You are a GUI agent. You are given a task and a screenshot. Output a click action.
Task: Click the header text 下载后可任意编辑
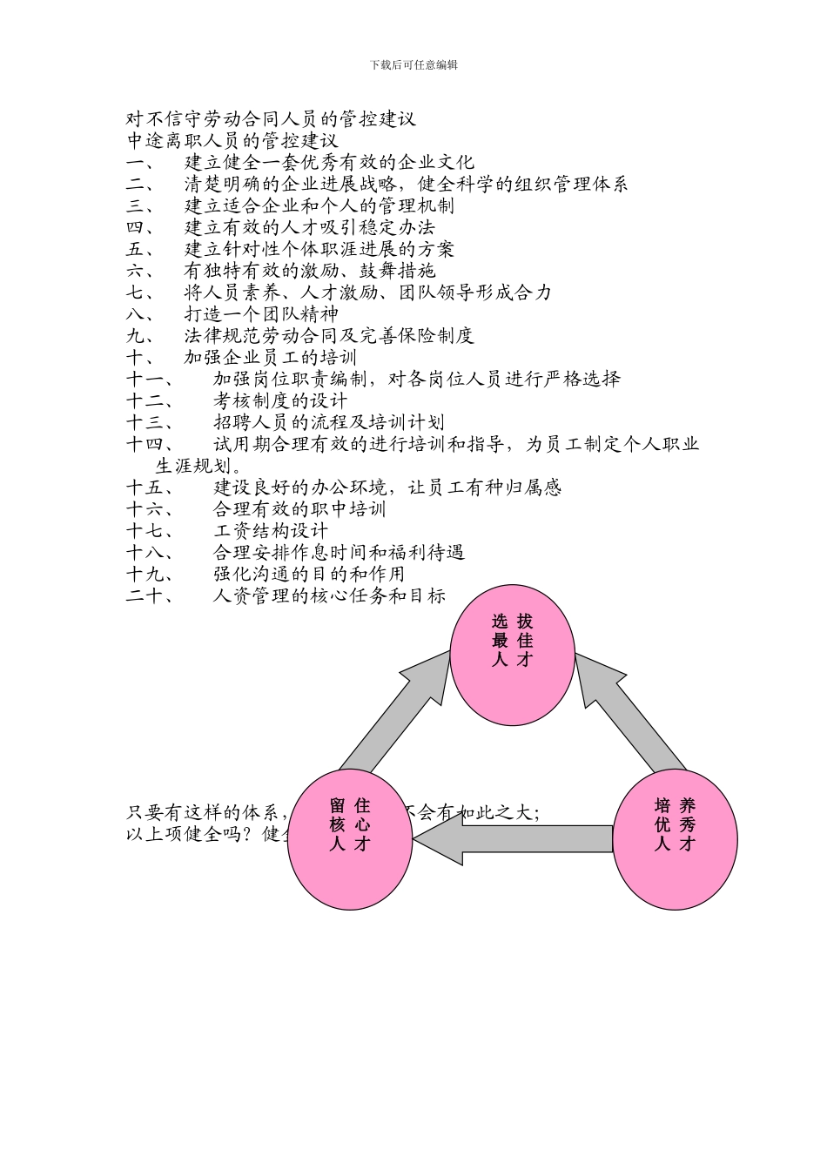(x=413, y=64)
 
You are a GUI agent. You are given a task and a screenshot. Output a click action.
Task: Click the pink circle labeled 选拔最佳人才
(x=512, y=656)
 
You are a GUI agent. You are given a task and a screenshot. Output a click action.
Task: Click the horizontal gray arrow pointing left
(x=514, y=838)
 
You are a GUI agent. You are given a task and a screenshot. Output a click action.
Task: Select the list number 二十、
(x=150, y=595)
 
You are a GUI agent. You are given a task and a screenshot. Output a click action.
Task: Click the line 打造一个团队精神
(x=261, y=313)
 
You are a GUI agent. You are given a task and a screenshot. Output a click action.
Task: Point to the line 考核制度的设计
(x=280, y=400)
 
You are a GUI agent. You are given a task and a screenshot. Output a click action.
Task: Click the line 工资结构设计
(x=271, y=530)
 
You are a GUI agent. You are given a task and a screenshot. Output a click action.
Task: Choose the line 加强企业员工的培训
(x=271, y=357)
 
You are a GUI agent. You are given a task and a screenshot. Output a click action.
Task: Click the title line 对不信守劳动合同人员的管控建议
(x=271, y=119)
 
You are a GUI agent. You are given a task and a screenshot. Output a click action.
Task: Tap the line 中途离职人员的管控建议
(x=232, y=140)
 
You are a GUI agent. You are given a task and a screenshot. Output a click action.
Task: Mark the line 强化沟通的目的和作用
(x=309, y=574)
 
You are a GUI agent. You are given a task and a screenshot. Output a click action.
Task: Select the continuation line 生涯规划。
(x=198, y=465)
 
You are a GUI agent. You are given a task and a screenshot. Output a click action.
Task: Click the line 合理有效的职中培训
(x=299, y=508)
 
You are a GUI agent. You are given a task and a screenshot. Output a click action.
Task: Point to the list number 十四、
(x=150, y=444)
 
